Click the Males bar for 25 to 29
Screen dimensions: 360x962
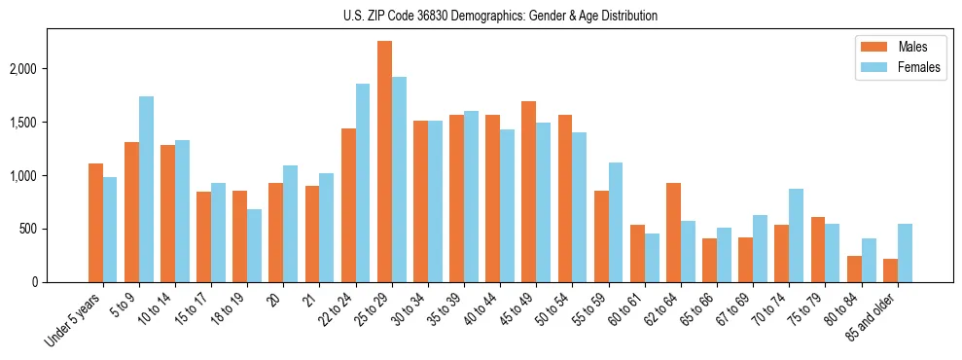384,162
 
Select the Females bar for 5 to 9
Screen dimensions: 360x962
146,189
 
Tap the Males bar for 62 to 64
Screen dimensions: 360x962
673,233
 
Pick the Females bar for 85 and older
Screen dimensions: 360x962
905,253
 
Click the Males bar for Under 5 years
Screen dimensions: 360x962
95,223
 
